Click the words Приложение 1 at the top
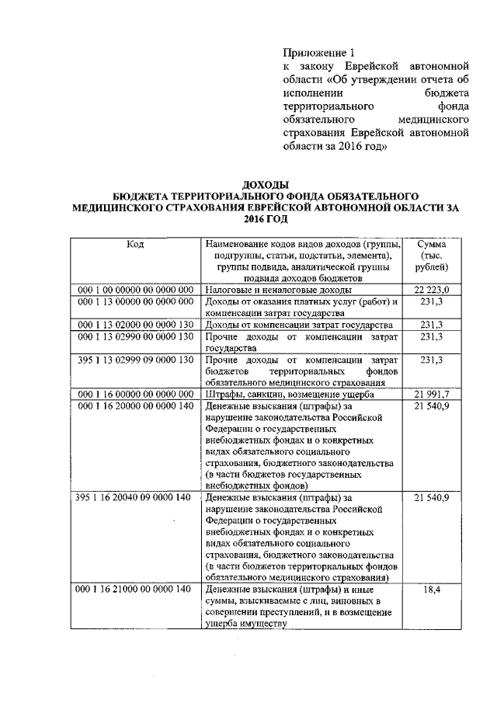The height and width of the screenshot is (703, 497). [x=315, y=52]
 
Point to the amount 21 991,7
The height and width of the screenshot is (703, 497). [x=431, y=394]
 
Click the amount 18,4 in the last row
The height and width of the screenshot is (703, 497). [x=431, y=590]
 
